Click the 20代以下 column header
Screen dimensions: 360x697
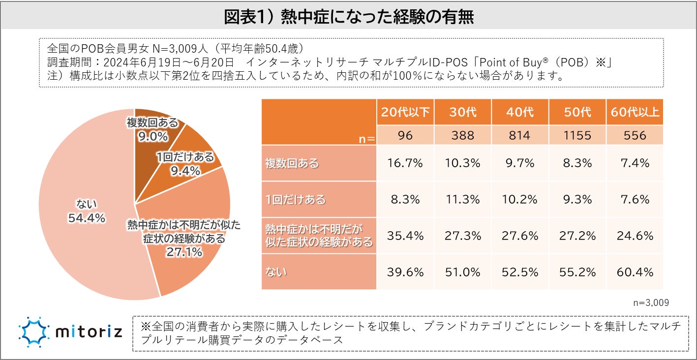pos(405,112)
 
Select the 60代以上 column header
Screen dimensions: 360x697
pos(635,112)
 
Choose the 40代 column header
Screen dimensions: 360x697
pos(519,112)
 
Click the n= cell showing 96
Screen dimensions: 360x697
pos(405,135)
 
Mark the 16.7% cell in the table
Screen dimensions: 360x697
pos(405,163)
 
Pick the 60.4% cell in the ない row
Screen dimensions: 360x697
pos(635,272)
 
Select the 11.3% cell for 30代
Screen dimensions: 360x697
pos(463,199)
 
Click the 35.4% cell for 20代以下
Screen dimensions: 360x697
pos(405,236)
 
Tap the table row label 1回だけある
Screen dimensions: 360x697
pos(289,199)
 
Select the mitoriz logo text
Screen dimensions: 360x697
pos(89,333)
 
